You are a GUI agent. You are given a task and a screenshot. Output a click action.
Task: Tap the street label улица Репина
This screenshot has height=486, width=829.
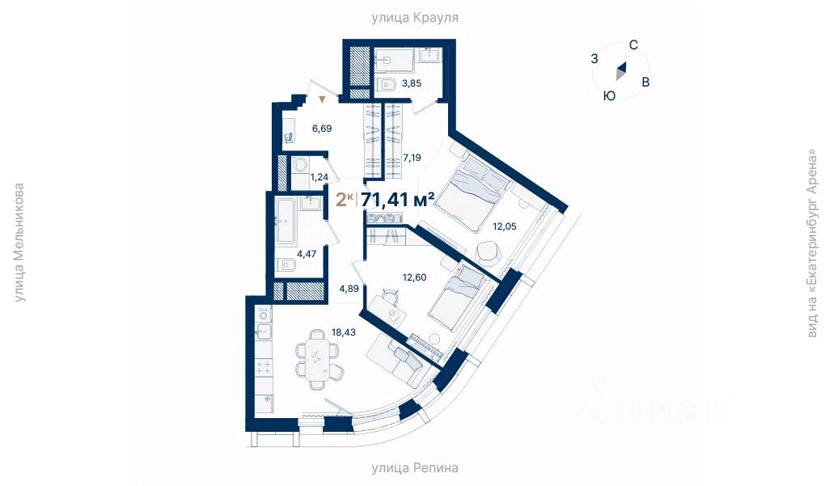(x=415, y=467)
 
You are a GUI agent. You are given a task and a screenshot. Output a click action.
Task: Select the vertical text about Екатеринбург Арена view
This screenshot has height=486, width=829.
(x=812, y=243)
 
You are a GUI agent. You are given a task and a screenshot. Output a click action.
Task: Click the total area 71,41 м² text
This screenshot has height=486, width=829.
(x=398, y=200)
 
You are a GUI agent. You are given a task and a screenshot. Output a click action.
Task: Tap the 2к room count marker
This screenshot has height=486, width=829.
(x=344, y=200)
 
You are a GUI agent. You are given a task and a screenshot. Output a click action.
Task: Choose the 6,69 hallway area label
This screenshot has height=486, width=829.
(x=322, y=128)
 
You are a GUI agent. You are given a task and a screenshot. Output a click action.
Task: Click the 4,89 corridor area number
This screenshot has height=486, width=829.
(x=349, y=289)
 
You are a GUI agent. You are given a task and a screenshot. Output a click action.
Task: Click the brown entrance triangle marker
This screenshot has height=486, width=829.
(x=323, y=99)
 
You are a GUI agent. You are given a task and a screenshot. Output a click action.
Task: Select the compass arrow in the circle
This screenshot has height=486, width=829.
(x=620, y=72)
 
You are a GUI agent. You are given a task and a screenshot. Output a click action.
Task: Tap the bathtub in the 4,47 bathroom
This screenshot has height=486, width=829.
(x=285, y=225)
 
